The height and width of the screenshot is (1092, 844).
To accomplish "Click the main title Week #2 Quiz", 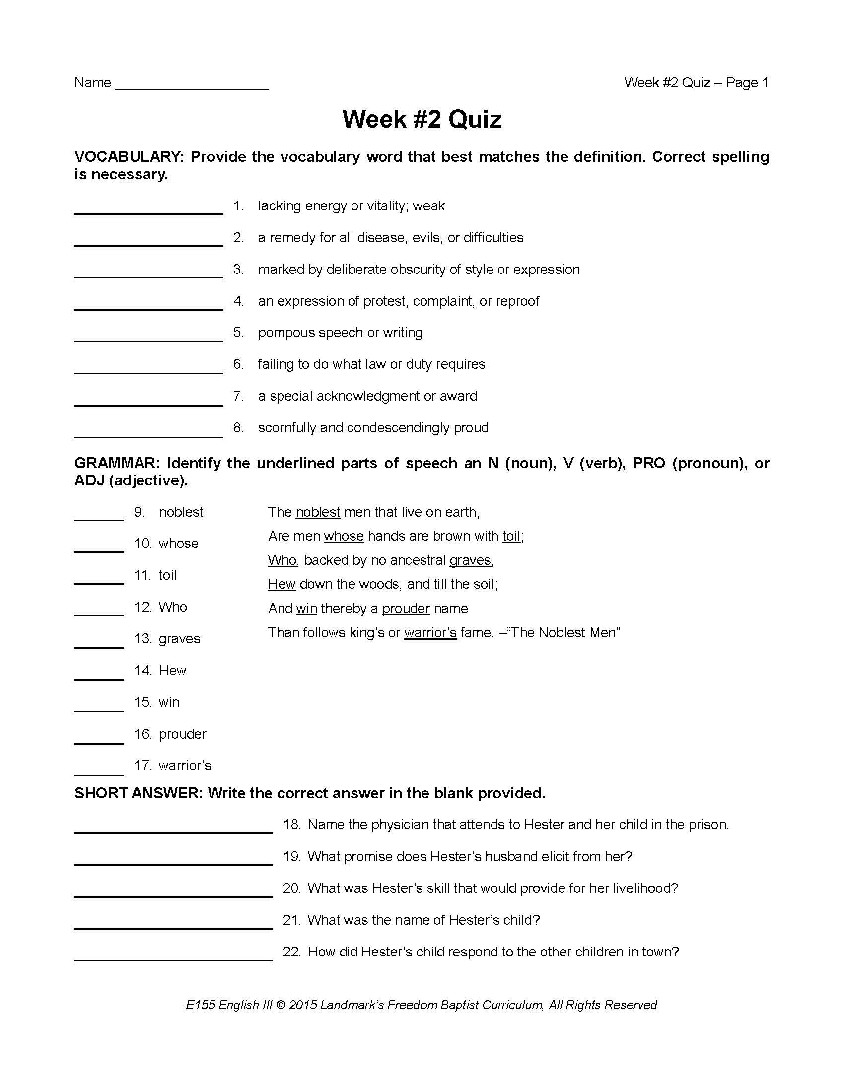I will click(422, 119).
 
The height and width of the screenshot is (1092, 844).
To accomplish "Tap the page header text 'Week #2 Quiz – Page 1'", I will click(696, 82).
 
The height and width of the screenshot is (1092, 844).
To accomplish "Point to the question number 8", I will click(238, 427).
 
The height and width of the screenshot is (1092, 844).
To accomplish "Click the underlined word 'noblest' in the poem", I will click(318, 512).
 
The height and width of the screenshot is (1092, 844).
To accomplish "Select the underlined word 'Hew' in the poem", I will click(281, 584).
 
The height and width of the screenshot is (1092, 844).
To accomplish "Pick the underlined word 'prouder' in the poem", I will click(406, 609).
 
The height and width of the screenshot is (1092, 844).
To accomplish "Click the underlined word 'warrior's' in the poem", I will click(430, 633).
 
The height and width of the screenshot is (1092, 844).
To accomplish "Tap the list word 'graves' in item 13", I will click(179, 638).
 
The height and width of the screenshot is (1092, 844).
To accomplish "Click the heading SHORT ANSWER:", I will click(138, 793).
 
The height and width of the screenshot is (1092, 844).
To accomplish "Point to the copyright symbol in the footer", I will click(281, 1005).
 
